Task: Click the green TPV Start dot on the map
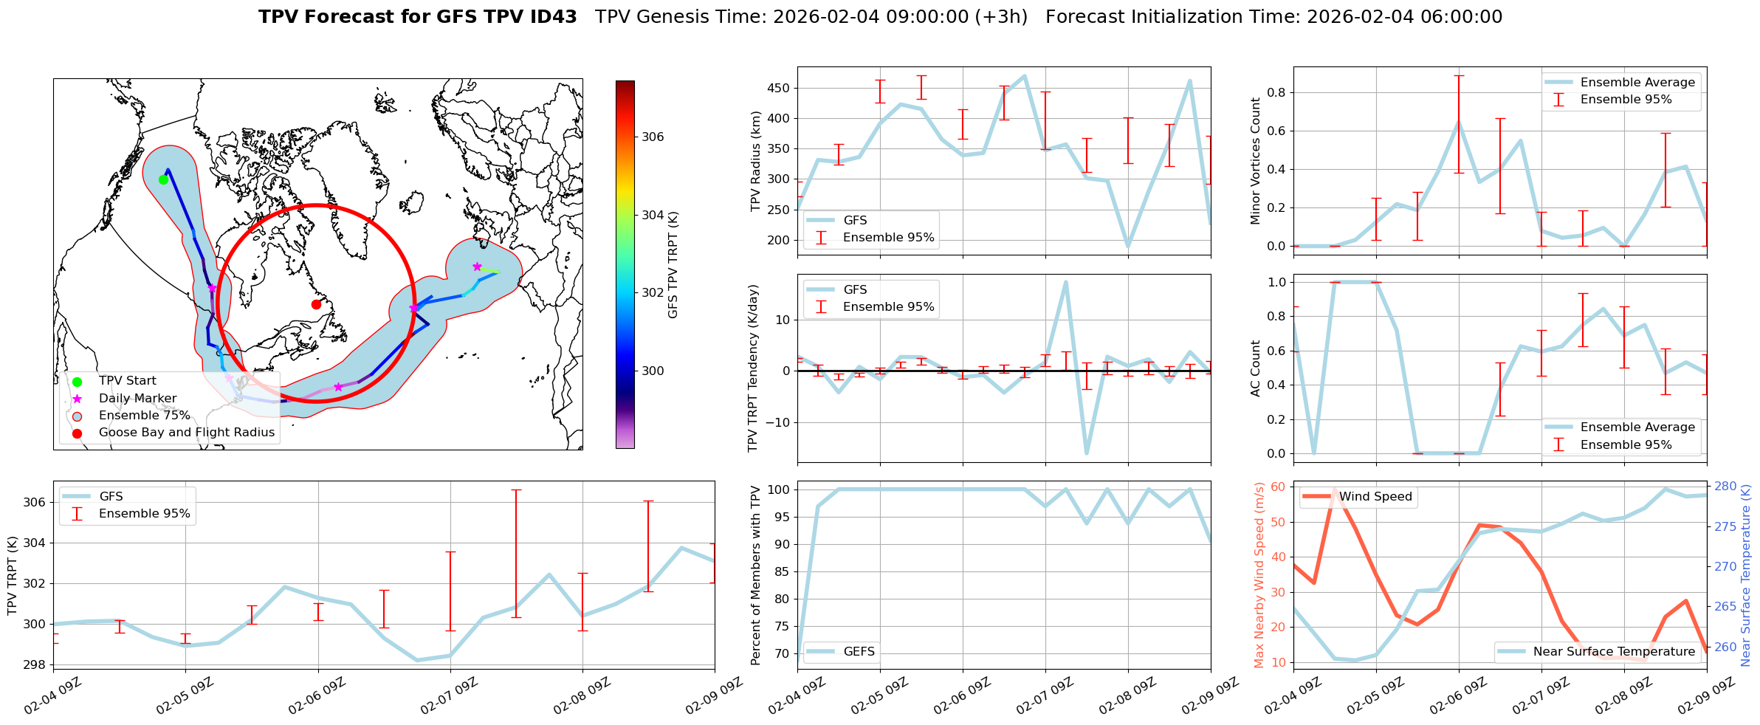(163, 179)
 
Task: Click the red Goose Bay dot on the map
(316, 304)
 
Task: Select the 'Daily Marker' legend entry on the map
(137, 398)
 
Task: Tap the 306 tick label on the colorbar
(653, 137)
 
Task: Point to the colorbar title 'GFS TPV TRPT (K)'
(673, 265)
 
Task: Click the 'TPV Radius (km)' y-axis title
(755, 161)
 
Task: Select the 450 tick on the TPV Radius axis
(779, 88)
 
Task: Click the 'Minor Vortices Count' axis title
(1255, 160)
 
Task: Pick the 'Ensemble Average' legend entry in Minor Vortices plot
(1637, 82)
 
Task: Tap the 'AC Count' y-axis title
(1255, 368)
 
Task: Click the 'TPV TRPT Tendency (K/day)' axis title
(752, 368)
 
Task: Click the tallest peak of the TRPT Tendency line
(1065, 281)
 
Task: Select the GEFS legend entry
(859, 651)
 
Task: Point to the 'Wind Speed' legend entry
(1375, 496)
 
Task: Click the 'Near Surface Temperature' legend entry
(1614, 651)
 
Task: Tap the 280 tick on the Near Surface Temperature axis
(1725, 486)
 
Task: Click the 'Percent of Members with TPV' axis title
(755, 575)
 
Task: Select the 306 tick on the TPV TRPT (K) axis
(35, 502)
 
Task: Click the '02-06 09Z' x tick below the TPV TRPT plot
(317, 696)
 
